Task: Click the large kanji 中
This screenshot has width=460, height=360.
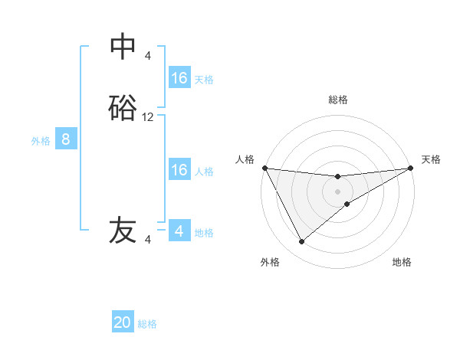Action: (x=123, y=47)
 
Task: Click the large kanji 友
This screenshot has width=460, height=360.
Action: (x=123, y=231)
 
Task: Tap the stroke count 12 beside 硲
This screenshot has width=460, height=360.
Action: (x=148, y=117)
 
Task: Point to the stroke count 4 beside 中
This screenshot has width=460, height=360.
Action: (x=148, y=55)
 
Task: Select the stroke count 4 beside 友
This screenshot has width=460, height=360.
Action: (x=148, y=240)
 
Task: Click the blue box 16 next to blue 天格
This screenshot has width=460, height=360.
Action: (x=179, y=78)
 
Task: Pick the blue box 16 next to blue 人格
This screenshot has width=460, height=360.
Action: (x=179, y=170)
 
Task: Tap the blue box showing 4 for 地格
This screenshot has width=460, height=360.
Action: (x=179, y=231)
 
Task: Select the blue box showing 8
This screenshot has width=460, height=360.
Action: (x=66, y=139)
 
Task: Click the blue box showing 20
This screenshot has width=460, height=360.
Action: (x=123, y=322)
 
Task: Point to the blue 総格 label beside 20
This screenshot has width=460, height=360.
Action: (x=148, y=324)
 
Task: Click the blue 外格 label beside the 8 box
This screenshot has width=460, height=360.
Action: (x=41, y=141)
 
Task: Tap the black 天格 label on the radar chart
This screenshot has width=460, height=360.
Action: (x=431, y=159)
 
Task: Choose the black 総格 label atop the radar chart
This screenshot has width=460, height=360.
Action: (x=338, y=100)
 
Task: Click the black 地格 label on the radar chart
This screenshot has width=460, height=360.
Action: (x=402, y=262)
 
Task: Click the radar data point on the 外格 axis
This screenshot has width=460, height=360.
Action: (x=301, y=242)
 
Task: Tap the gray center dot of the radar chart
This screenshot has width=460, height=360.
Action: (x=338, y=191)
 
